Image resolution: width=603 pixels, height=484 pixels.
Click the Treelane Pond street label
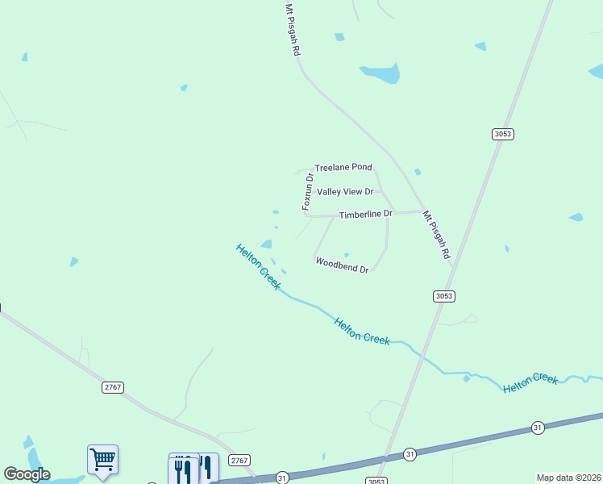click(x=343, y=167)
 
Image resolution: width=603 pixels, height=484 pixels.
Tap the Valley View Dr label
click(x=345, y=192)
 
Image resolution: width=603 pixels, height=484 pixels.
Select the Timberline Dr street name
click(x=365, y=215)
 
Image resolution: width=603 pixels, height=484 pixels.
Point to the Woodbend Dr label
click(x=342, y=265)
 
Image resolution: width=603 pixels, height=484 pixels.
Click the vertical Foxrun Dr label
click(x=307, y=192)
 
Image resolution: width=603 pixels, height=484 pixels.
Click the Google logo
click(x=27, y=474)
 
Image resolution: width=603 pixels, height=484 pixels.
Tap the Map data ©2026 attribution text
click(x=568, y=478)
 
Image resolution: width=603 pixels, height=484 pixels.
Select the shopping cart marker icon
click(x=102, y=460)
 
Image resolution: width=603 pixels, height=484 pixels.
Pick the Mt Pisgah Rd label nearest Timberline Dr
click(x=436, y=235)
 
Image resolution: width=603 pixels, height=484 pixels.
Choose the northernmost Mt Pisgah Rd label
click(x=293, y=29)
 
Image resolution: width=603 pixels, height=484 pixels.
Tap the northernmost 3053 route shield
click(x=503, y=134)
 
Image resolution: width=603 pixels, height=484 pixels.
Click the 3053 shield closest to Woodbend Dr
click(x=444, y=296)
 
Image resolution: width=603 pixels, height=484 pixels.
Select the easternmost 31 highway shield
click(x=538, y=428)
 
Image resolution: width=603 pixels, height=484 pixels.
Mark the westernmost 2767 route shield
click(x=113, y=387)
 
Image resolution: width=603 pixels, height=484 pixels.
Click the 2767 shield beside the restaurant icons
click(x=239, y=460)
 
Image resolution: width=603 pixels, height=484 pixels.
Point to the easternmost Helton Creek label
click(x=530, y=382)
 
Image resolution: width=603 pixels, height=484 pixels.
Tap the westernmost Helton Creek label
click(x=258, y=266)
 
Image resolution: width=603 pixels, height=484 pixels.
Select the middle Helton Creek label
click(x=362, y=331)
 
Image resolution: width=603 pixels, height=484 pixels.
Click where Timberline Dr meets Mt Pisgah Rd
click(x=422, y=212)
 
